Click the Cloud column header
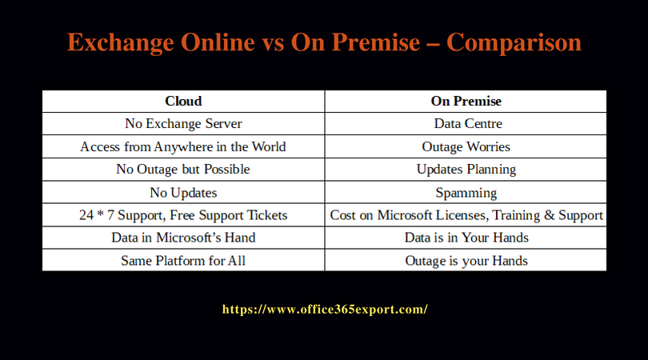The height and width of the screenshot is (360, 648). pyautogui.click(x=183, y=102)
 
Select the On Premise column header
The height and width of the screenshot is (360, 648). pyautogui.click(x=466, y=102)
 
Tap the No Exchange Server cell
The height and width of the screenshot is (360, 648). pyautogui.click(x=183, y=124)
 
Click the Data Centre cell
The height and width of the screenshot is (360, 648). pyautogui.click(x=466, y=124)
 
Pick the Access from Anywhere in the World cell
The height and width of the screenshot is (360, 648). pyautogui.click(x=183, y=147)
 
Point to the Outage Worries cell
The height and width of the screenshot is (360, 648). pyautogui.click(x=466, y=147)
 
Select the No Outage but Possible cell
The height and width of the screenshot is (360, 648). pyautogui.click(x=183, y=170)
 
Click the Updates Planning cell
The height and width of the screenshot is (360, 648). pyautogui.click(x=466, y=170)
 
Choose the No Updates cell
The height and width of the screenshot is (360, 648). pyautogui.click(x=183, y=193)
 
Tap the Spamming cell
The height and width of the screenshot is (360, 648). pyautogui.click(x=466, y=193)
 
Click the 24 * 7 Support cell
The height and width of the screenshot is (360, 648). pyautogui.click(x=183, y=215)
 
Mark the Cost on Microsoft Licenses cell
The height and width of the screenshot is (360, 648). pyautogui.click(x=466, y=215)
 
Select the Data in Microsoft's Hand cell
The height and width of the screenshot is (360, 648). pyautogui.click(x=183, y=238)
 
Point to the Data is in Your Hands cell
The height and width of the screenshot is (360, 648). pyautogui.click(x=466, y=238)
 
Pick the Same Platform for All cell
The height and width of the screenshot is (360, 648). pyautogui.click(x=183, y=261)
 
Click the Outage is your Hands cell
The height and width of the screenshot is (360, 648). pyautogui.click(x=466, y=261)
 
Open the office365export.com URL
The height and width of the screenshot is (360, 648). pyautogui.click(x=324, y=309)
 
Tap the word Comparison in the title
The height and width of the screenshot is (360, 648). pyautogui.click(x=514, y=42)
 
